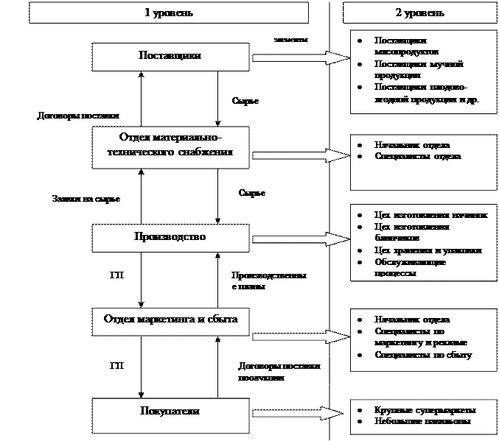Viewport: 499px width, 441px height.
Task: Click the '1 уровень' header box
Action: [x=169, y=13]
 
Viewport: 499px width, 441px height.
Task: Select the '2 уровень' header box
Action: [x=420, y=13]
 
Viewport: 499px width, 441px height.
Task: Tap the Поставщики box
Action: [x=170, y=56]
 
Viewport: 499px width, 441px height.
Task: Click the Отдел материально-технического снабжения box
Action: [x=170, y=146]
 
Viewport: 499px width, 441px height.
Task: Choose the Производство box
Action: [x=170, y=237]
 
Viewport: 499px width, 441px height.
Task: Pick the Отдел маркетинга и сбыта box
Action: [x=170, y=319]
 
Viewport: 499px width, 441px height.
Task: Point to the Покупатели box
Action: [x=170, y=411]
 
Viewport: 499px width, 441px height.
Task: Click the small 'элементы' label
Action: [x=291, y=40]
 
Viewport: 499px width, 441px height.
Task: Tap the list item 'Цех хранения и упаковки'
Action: [x=428, y=251]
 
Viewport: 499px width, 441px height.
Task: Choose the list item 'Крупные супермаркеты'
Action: [x=425, y=409]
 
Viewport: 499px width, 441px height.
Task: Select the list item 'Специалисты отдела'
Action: [x=417, y=157]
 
